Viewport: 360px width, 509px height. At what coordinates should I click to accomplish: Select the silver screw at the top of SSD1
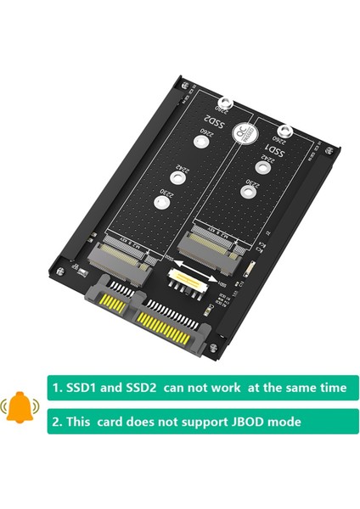click(286, 131)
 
